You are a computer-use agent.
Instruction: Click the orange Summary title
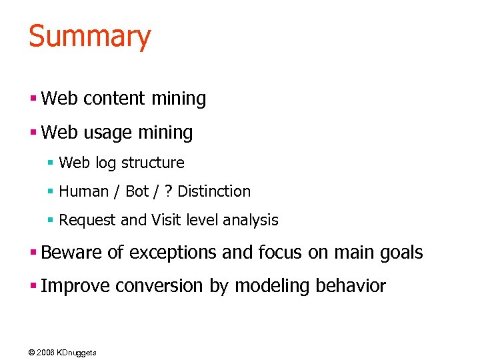click(90, 36)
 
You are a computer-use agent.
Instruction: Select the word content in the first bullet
click(114, 99)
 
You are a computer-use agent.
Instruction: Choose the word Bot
click(137, 191)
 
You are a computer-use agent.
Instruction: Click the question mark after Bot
click(167, 191)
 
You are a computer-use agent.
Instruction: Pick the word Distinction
click(214, 191)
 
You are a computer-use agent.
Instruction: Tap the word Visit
click(166, 220)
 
